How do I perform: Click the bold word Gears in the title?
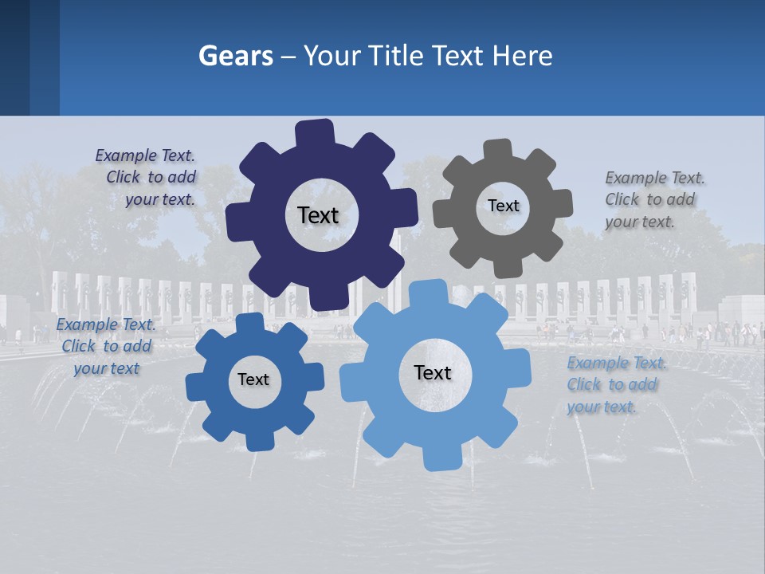click(235, 57)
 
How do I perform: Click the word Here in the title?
click(522, 57)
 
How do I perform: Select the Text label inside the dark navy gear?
click(318, 215)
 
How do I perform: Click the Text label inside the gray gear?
click(503, 206)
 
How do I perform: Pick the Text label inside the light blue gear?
click(433, 372)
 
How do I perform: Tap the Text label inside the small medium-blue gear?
click(253, 379)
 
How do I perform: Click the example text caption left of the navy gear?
click(147, 178)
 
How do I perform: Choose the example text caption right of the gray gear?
click(653, 199)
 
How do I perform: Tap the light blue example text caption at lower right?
click(614, 384)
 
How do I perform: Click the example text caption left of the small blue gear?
click(105, 346)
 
